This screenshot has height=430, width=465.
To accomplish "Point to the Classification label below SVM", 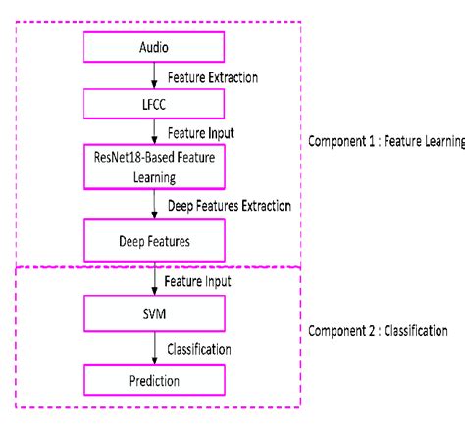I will (x=199, y=348).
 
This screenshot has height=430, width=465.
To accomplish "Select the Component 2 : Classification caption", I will (x=378, y=331).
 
